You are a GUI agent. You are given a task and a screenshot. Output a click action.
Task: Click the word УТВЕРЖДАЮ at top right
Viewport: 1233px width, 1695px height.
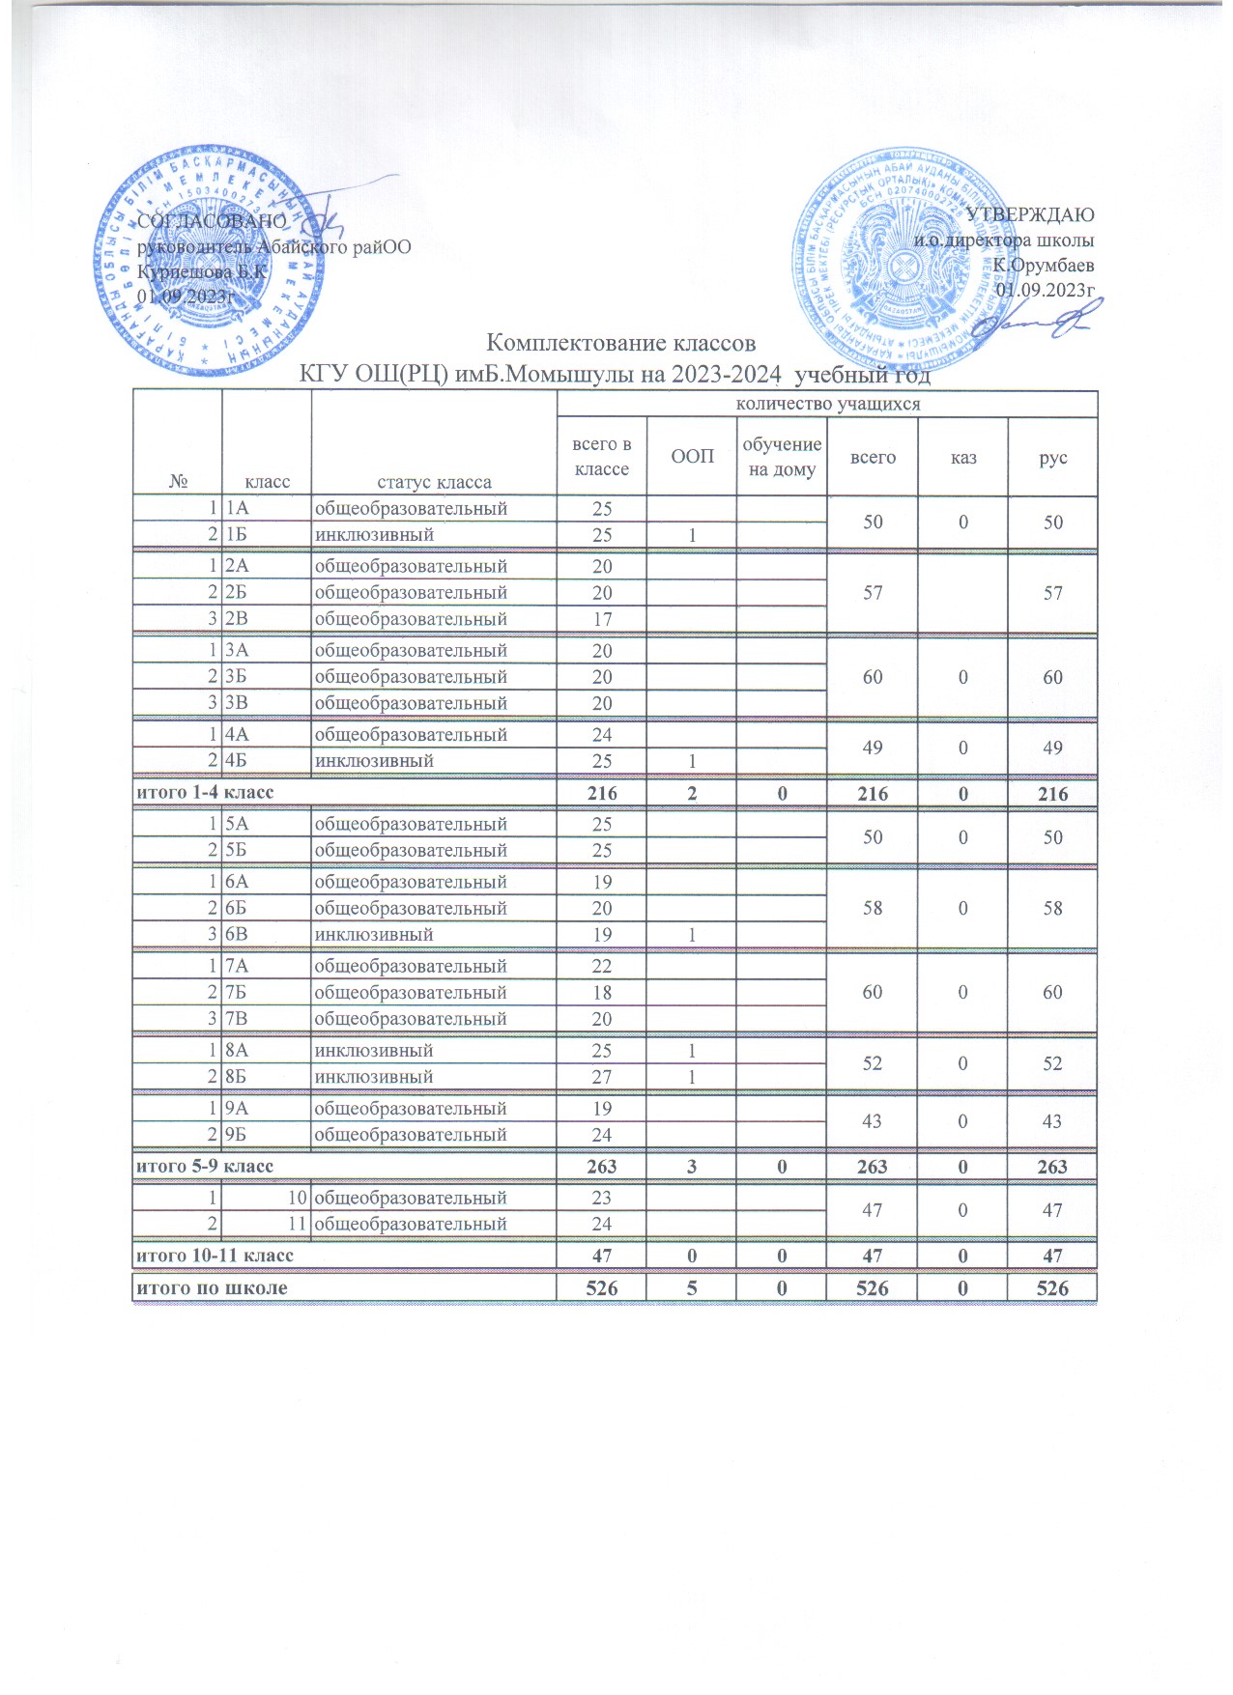(1030, 214)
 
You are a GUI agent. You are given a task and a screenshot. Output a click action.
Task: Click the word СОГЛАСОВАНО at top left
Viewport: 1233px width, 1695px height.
(213, 221)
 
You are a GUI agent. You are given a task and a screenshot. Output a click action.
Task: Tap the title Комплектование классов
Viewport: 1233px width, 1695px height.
(619, 343)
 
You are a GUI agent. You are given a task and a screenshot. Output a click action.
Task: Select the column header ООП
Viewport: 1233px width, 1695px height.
(692, 457)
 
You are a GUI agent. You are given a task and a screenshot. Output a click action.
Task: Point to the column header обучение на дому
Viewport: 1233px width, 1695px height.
(782, 457)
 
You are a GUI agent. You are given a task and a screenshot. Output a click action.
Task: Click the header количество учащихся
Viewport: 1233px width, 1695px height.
(828, 404)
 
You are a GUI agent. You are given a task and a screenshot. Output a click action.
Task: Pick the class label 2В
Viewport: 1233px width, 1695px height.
(237, 619)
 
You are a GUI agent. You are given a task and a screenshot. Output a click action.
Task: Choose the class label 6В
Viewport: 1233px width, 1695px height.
(237, 935)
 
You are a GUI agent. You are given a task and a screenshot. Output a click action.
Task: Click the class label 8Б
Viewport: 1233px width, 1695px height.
(237, 1077)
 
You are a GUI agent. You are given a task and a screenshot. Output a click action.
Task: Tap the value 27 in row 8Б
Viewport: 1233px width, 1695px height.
(602, 1077)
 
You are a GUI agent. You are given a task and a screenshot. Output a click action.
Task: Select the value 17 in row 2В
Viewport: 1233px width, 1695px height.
(602, 619)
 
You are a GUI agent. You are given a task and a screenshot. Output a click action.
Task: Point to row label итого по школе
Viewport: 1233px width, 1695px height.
(211, 1287)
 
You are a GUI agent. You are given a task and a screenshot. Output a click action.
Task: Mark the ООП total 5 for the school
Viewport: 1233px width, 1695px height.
(692, 1287)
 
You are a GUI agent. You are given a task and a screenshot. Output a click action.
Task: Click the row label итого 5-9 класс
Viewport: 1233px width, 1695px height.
(204, 1166)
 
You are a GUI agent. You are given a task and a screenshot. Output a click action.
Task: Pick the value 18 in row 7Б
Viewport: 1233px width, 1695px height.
(602, 993)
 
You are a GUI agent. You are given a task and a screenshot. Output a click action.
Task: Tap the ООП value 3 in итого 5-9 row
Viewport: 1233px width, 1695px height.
(692, 1166)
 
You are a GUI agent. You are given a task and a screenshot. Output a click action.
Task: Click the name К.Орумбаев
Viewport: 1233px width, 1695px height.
(1044, 265)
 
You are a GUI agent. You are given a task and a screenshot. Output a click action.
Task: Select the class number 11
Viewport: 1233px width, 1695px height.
(298, 1225)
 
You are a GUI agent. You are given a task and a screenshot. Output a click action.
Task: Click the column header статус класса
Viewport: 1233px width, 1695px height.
(434, 482)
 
